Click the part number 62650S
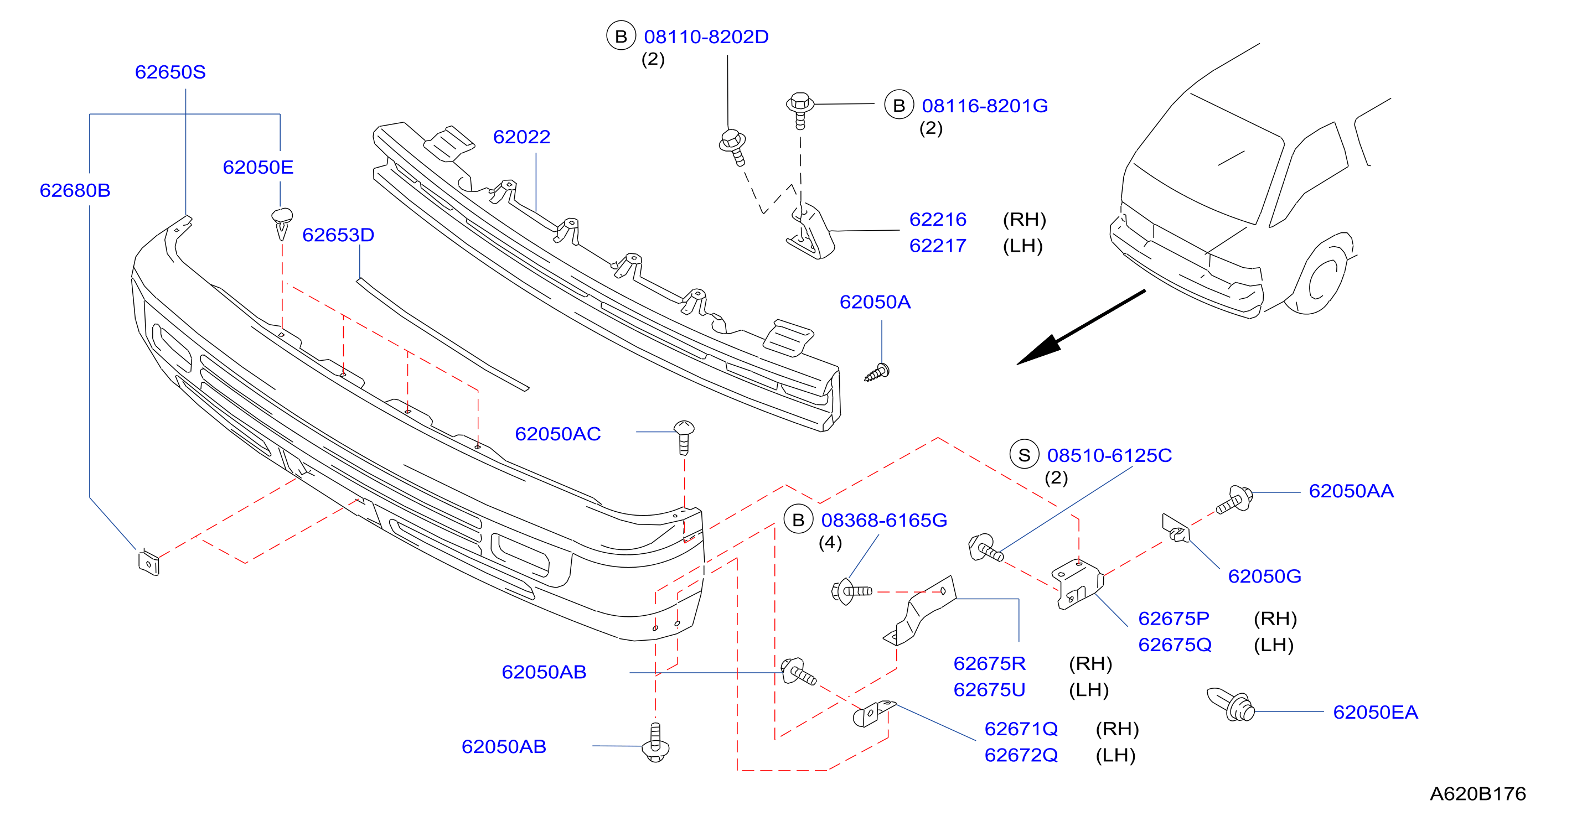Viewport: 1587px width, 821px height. [170, 72]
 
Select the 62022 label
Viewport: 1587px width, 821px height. [521, 137]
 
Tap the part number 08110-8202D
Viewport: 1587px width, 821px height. [706, 37]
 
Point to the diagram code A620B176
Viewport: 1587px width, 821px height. [1477, 793]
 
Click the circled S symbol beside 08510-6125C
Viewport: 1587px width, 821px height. [1024, 455]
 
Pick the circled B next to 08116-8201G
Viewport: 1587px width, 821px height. [899, 105]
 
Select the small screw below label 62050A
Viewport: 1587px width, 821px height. [877, 373]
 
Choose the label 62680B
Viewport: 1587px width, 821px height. [75, 190]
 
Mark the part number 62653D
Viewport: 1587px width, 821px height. [338, 235]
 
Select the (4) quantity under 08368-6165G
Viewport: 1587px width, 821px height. [830, 543]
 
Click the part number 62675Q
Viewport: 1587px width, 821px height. [1175, 645]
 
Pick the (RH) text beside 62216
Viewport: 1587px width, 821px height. [1025, 219]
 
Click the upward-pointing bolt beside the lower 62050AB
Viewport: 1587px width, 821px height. [655, 742]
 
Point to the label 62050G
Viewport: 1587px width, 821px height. [1264, 576]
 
